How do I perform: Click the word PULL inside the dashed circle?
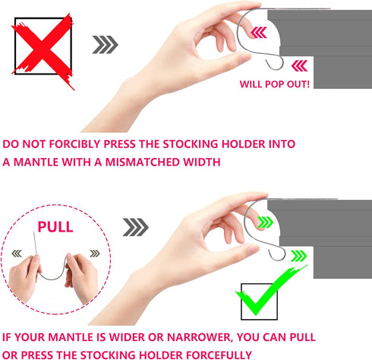coord(55,227)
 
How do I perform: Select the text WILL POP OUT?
coord(275,84)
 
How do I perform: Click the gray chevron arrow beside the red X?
coord(105,45)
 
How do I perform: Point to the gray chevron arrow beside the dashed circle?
coord(136,227)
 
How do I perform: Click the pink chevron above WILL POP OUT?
coord(300,66)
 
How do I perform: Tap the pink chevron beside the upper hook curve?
coord(259,33)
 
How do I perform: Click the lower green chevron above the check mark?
coord(299,256)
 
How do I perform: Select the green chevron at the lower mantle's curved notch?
coord(265,223)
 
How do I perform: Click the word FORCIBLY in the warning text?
coord(75,144)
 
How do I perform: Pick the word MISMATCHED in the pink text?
coord(141,162)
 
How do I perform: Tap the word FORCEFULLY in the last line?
coord(219,355)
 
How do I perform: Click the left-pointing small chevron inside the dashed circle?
coord(17,254)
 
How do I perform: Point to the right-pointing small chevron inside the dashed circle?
coord(95,254)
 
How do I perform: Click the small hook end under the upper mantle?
coord(274,65)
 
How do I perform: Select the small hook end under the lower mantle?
coord(277,255)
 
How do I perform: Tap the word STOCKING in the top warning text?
coord(191,144)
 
